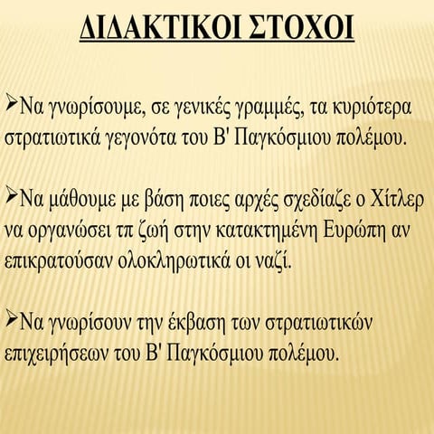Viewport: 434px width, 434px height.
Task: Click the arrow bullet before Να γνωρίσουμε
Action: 14,105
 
